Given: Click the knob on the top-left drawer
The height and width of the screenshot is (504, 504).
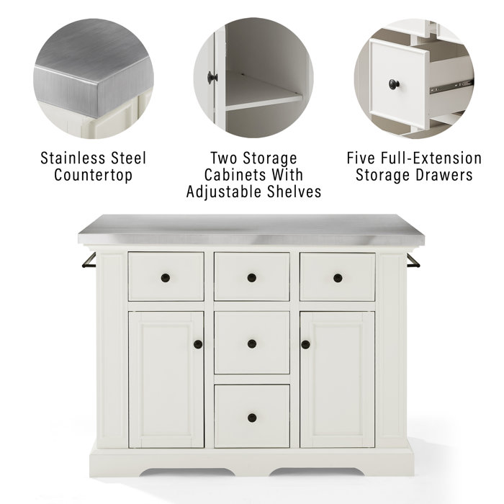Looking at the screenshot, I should pos(165,278).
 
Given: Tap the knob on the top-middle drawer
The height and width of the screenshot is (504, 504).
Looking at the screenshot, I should pos(251,278).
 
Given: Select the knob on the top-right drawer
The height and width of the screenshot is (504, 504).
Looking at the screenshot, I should pos(338,278).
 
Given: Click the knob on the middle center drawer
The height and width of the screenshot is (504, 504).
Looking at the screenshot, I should pos(251,343).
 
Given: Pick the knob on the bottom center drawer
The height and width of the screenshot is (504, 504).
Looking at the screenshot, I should pos(251,418).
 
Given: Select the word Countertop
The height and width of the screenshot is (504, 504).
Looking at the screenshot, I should pos(93,175).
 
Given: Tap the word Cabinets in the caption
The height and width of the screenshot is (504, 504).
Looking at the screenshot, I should pos(238,175).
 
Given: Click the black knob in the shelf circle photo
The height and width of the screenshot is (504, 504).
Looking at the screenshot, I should pos(210,76).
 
